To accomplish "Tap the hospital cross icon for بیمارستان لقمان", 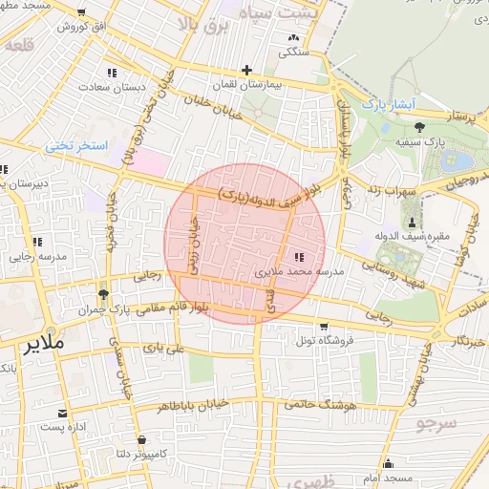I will click(x=246, y=70).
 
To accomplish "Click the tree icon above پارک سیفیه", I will click(x=418, y=126).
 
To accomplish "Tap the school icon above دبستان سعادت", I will click(x=112, y=73).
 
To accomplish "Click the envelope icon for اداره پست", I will click(x=63, y=414).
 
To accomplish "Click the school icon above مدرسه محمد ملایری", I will click(x=297, y=256).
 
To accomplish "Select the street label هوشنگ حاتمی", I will click(x=310, y=404).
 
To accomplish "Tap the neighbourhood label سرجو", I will click(x=436, y=421).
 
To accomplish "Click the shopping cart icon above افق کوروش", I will click(x=79, y=13).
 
